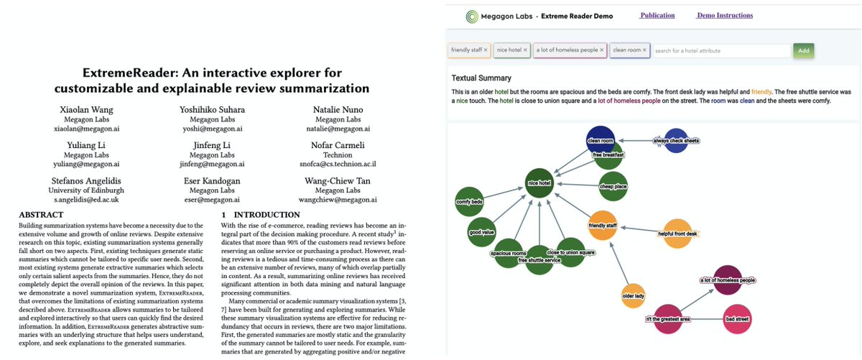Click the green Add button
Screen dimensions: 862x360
(803, 50)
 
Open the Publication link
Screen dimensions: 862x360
(657, 15)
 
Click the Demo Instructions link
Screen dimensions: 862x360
(725, 15)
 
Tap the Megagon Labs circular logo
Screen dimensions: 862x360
(471, 16)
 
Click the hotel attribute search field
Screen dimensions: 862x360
(720, 50)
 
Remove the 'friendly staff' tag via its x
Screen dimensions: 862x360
(486, 50)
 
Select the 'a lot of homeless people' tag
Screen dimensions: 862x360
(567, 50)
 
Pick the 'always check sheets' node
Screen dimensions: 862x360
(676, 141)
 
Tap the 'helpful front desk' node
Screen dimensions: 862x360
(677, 234)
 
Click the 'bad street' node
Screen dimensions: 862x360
(737, 318)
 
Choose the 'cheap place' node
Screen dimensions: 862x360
(613, 187)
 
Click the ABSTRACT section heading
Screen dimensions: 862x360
(36, 215)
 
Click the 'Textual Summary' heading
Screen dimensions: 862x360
(482, 78)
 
